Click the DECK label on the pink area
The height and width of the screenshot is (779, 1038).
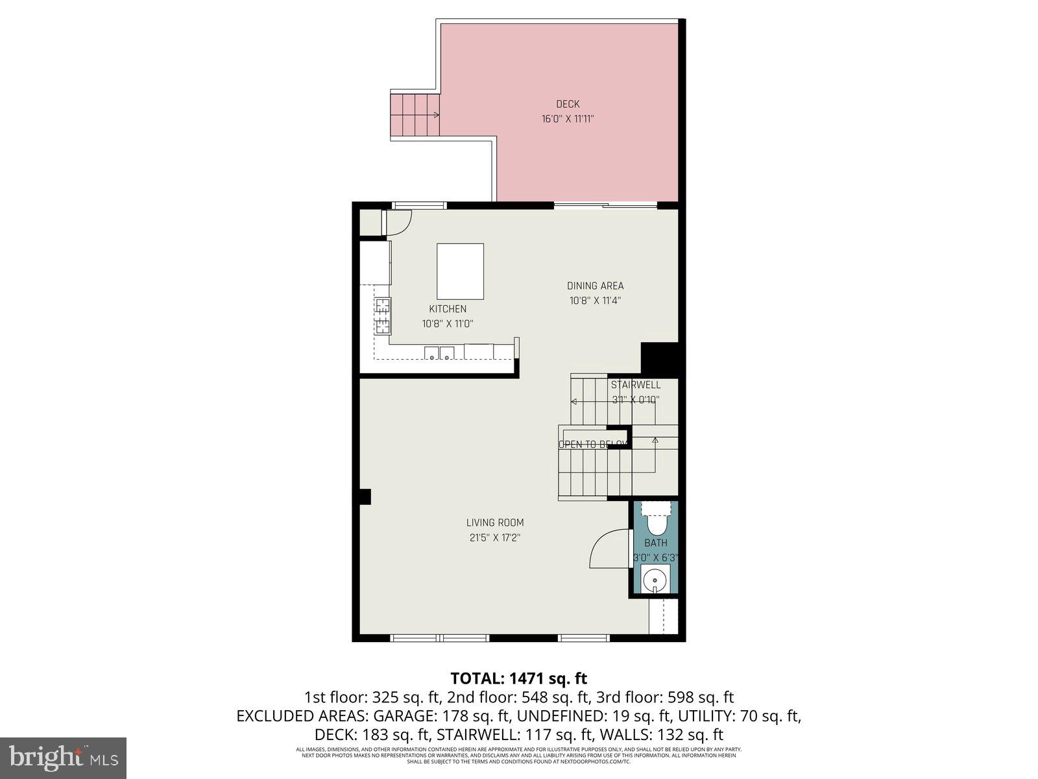[x=568, y=104]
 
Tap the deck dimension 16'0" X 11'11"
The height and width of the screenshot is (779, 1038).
[x=568, y=119]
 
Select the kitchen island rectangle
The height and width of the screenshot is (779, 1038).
[x=460, y=271]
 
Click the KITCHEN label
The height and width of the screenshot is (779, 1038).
[x=448, y=309]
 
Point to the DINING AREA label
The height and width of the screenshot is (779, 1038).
[x=595, y=286]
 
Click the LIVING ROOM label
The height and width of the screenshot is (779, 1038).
[x=495, y=523]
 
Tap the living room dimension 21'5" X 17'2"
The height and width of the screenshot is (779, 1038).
[x=495, y=538]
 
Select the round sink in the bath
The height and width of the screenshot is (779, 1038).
[x=656, y=578]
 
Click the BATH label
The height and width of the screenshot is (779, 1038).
[x=655, y=543]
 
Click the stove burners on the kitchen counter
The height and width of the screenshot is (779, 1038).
[x=382, y=315]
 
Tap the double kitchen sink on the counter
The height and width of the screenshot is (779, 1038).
[x=439, y=353]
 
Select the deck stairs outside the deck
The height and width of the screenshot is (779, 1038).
[x=414, y=114]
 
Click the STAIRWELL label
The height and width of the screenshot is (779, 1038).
[x=636, y=385]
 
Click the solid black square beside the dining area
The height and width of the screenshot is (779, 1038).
[x=659, y=358]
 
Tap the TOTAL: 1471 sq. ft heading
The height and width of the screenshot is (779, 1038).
[x=518, y=678]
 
